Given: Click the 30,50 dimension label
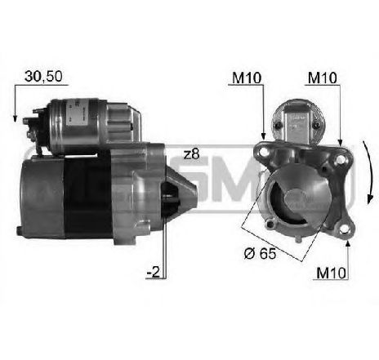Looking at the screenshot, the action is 43,77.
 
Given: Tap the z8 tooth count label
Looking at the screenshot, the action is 192,154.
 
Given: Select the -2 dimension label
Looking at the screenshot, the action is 154,272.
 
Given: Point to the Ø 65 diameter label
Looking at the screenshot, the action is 261,254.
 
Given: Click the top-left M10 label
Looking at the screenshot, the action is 247,78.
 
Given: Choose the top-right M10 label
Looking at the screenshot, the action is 323,78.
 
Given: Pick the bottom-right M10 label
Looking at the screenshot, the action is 331,273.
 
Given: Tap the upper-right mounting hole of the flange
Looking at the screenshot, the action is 339,159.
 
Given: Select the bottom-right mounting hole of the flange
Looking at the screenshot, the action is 344,230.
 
